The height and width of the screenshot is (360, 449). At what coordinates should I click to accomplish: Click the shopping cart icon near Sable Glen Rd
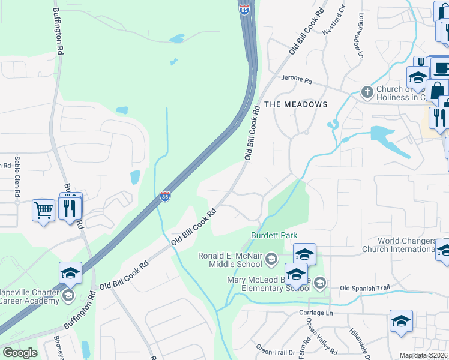pos(43,211)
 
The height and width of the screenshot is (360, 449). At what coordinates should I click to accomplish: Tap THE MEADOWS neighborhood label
pos(296,104)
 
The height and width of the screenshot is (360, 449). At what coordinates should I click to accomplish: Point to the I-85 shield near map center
pos(165,196)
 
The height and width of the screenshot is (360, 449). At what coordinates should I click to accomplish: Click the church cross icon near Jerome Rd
pos(367,92)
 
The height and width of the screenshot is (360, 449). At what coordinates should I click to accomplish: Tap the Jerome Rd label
pos(297,80)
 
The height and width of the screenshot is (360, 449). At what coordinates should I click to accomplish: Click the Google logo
pos(19,353)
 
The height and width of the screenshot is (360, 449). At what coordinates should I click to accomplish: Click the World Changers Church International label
pos(399,244)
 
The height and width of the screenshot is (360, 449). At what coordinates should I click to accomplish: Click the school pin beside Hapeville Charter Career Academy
pos(70,273)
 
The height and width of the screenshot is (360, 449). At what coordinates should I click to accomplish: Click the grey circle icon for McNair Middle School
pos(271,259)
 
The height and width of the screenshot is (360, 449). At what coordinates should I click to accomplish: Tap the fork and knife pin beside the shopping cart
pos(72,208)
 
